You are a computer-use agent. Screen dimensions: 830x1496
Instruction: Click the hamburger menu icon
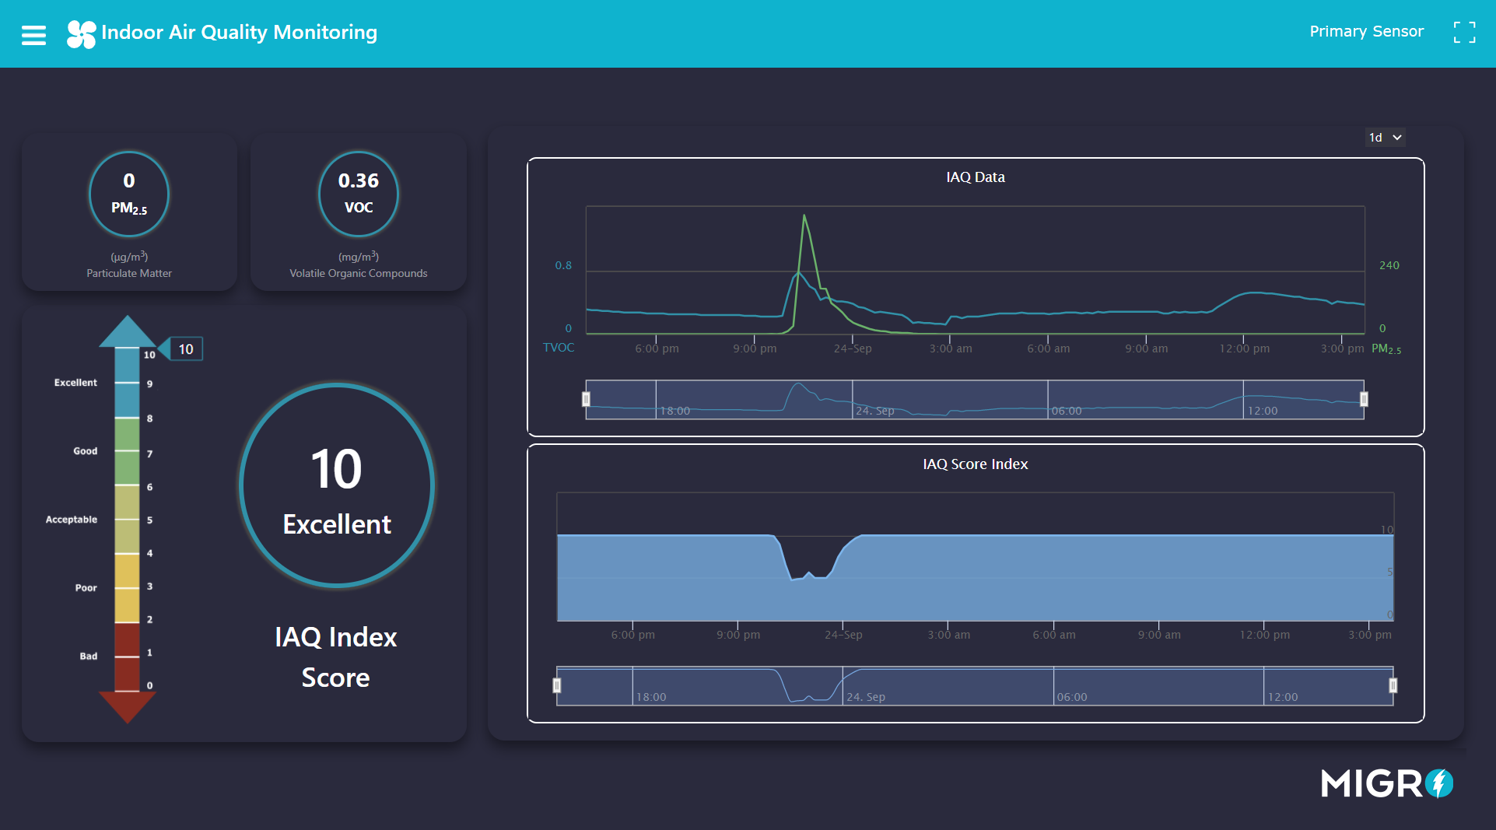coord(33,35)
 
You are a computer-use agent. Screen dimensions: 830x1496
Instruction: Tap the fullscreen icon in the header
coord(1464,33)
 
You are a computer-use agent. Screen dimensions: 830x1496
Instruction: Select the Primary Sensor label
coord(1366,32)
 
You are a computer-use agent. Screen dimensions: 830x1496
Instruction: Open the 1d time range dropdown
coord(1385,138)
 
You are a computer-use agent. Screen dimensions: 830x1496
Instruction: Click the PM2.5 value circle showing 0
coord(129,194)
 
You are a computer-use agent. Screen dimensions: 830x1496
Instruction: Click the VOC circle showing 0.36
coord(359,194)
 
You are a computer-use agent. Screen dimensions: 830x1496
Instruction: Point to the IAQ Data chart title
coord(975,177)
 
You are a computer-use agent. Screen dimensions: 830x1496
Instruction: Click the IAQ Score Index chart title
coord(975,464)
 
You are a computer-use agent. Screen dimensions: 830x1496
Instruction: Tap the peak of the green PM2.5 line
coord(804,216)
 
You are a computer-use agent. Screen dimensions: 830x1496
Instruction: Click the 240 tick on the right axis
coord(1389,265)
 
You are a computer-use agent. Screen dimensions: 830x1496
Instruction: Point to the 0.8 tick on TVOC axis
coord(563,265)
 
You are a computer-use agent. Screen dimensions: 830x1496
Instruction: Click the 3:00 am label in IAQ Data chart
coord(950,348)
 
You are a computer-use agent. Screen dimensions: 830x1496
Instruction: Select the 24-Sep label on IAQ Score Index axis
coord(843,635)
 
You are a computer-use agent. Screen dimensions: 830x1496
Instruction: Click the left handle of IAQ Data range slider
coord(586,399)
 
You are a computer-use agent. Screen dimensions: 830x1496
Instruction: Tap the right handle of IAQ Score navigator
coord(1393,685)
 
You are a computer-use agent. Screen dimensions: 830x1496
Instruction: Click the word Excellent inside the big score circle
coord(337,524)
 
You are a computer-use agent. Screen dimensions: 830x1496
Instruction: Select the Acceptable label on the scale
coord(72,520)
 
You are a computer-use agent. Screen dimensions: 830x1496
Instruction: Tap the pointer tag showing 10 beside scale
coord(185,349)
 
